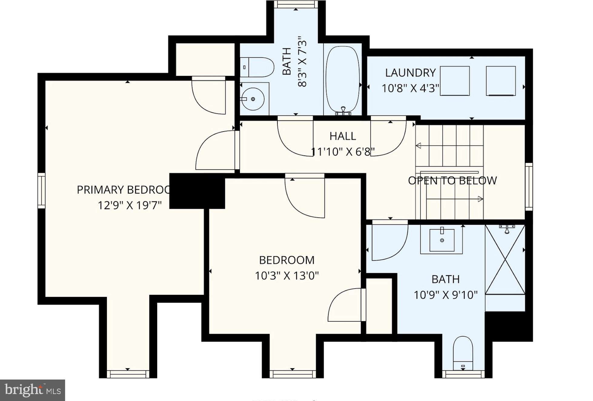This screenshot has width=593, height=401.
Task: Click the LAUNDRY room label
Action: click(410, 73)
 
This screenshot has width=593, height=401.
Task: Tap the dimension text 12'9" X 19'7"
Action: click(130, 206)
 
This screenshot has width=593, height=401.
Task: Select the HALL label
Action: click(343, 136)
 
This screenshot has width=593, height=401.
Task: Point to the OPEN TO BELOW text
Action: click(452, 181)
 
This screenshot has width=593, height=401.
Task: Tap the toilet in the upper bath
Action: click(258, 67)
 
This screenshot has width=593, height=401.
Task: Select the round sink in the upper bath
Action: click(253, 99)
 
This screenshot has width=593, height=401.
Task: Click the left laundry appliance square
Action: click(455, 81)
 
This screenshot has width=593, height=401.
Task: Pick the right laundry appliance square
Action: click(501, 81)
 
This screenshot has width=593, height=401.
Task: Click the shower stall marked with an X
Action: click(505, 259)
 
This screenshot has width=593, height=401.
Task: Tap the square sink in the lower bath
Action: click(442, 240)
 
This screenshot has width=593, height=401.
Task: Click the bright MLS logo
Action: click(32, 390)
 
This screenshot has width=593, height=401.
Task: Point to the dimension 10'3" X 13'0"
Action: click(287, 276)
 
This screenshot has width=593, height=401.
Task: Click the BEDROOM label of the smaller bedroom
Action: click(287, 260)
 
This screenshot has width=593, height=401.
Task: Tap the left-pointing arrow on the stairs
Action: click(419, 146)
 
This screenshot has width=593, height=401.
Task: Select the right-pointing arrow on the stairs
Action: click(480, 199)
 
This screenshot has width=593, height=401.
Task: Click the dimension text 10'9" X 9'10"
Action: click(446, 295)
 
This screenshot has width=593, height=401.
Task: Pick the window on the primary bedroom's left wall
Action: click(41, 191)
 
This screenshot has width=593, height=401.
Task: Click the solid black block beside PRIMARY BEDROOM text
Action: click(197, 191)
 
